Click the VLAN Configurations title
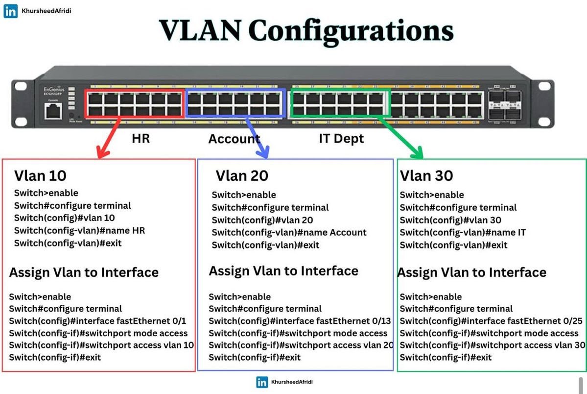[x=306, y=30]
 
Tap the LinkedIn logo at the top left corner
[x=10, y=11]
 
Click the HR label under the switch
[x=141, y=139]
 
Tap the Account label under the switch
[x=234, y=139]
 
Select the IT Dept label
[x=341, y=139]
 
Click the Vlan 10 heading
[x=40, y=175]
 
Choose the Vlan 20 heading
[x=242, y=175]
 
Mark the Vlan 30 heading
[x=426, y=175]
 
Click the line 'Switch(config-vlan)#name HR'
[x=79, y=230]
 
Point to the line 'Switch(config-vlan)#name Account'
[x=289, y=232]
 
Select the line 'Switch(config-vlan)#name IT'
[x=463, y=232]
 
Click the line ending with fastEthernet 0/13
[x=300, y=321]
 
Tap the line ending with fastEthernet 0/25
[x=491, y=321]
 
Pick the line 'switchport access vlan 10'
[x=101, y=345]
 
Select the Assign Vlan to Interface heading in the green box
[x=472, y=272]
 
